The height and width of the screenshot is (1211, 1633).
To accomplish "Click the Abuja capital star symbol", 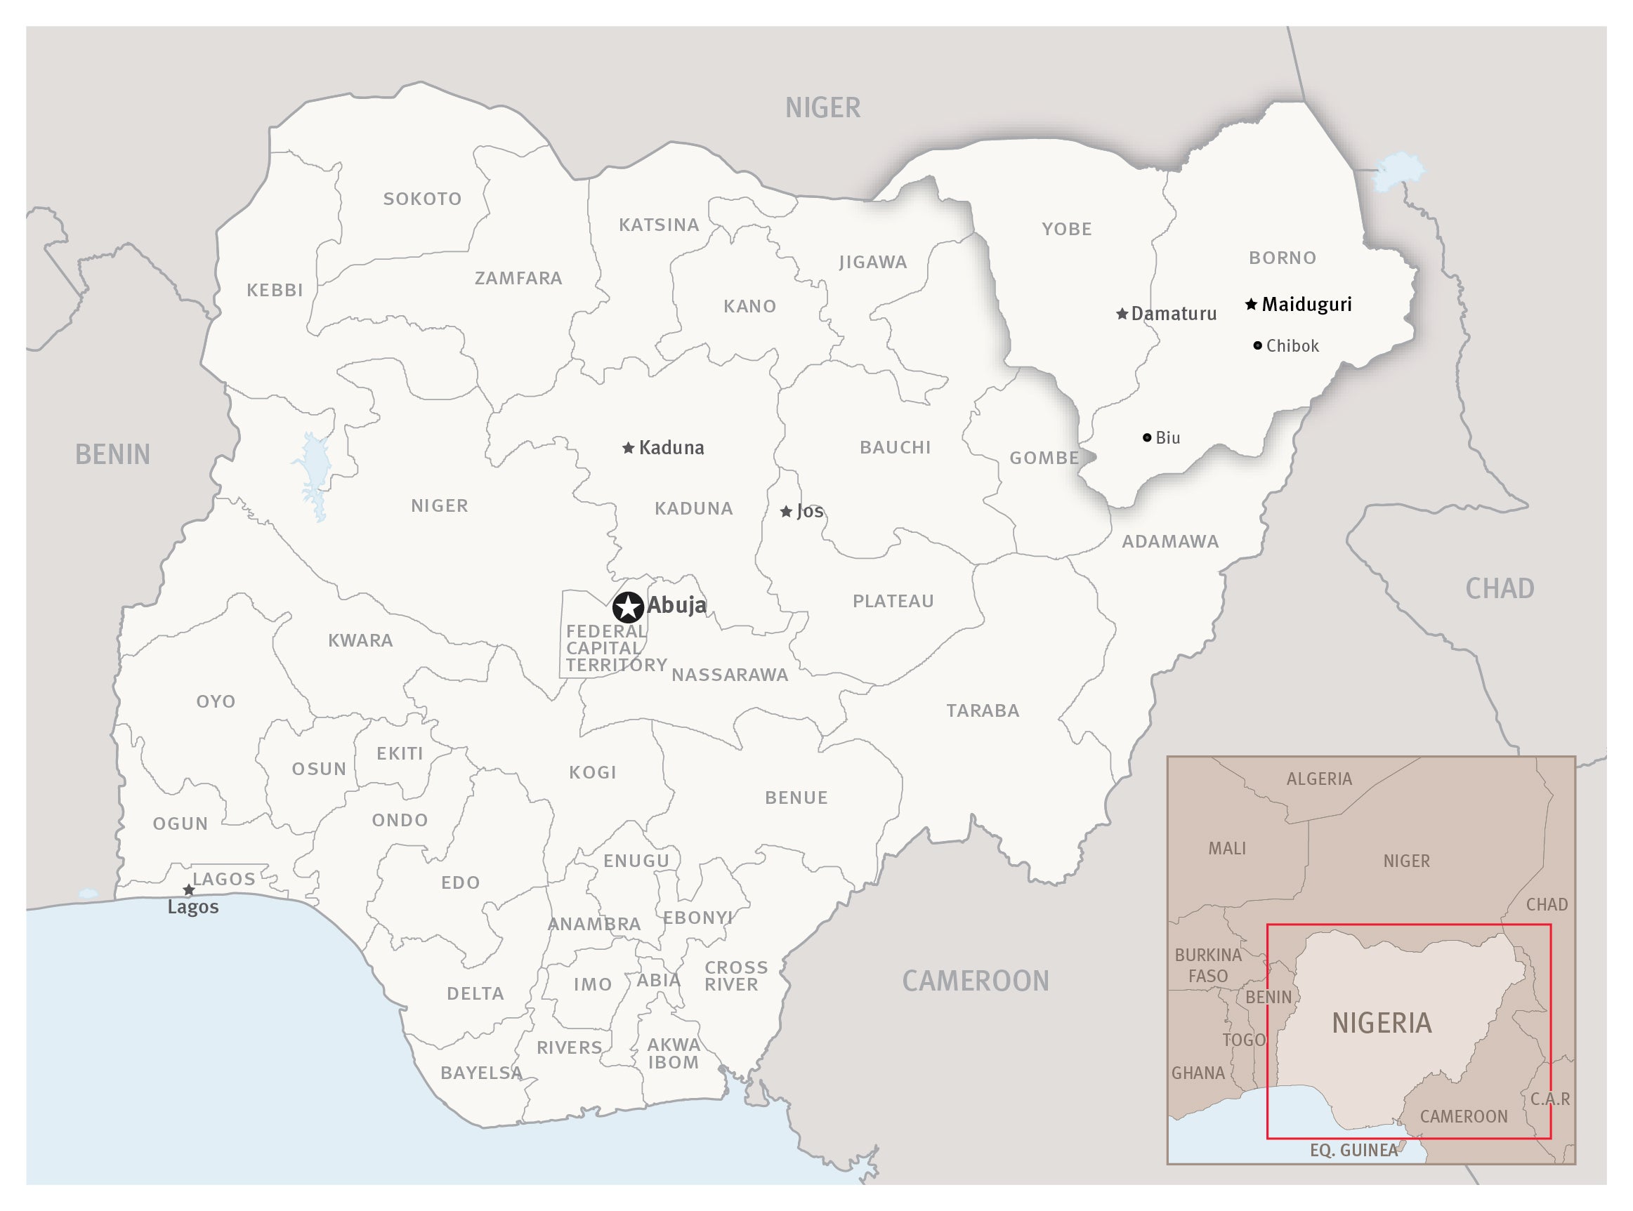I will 628,607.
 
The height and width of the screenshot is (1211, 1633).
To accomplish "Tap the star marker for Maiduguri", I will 1251,303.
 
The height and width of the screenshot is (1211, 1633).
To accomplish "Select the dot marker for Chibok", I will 1257,345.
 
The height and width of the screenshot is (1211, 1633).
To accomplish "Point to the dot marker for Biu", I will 1147,437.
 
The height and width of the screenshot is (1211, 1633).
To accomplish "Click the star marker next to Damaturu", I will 1121,314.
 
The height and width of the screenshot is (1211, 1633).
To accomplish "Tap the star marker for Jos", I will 785,512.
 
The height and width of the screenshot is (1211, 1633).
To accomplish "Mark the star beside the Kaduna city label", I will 628,448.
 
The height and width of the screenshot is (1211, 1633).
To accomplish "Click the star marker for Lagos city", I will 188,890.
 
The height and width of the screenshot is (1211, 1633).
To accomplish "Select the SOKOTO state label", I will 422,199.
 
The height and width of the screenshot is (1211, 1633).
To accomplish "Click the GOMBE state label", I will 1044,458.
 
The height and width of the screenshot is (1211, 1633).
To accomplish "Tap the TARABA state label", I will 983,710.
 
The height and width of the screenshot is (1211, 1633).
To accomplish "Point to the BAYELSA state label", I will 481,1073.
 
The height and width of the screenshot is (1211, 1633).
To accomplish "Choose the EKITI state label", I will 400,753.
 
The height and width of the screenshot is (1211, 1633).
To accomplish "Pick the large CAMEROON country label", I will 976,981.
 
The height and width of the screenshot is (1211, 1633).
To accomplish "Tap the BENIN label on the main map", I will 112,454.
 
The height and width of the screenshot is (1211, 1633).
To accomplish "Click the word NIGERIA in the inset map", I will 1382,1023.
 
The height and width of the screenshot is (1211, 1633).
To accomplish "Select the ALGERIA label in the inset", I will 1318,779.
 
